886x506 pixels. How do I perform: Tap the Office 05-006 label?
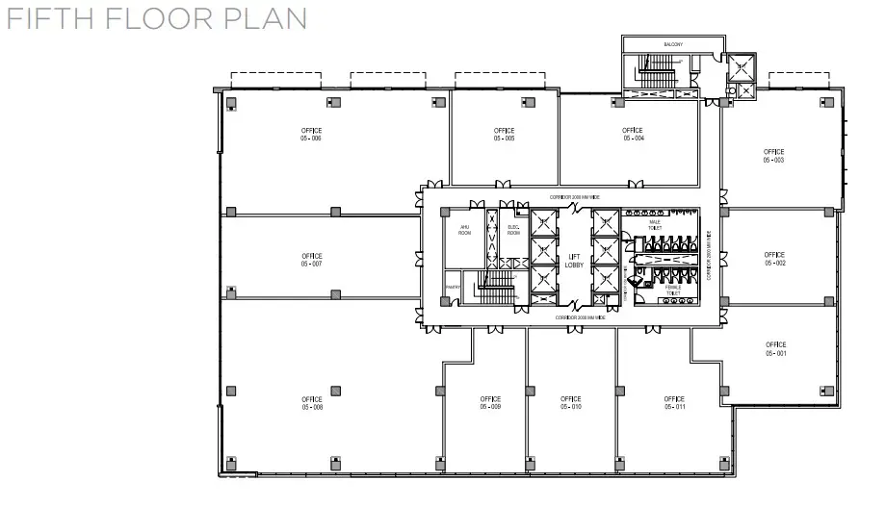pos(310,134)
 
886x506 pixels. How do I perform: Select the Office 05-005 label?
pos(504,134)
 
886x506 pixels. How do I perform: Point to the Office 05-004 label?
pos(632,134)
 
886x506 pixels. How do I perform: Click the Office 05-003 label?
pos(773,156)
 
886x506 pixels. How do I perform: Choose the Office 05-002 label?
pos(775,259)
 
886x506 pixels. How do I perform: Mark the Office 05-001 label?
pos(776,349)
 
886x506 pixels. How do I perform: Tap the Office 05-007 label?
pos(310,259)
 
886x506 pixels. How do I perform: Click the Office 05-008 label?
pos(311,402)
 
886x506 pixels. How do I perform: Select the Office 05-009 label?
pos(490,402)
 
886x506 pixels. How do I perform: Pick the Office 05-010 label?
pos(570,402)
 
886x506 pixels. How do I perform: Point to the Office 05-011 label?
pos(673,402)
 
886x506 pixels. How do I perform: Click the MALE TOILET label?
pos(655,226)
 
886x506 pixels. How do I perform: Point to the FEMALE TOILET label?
pos(672,290)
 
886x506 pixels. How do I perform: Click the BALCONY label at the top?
pos(673,44)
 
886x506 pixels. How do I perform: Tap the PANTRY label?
pos(451,287)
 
